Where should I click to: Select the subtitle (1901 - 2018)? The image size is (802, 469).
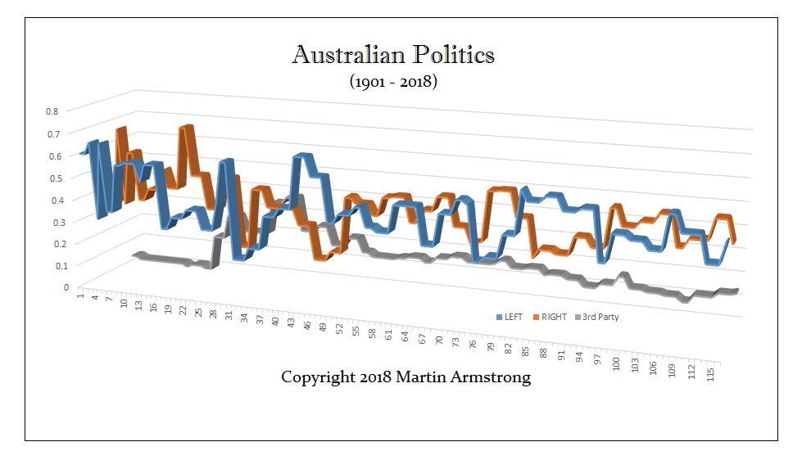pyautogui.click(x=393, y=82)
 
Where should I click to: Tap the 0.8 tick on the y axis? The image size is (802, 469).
pyautogui.click(x=52, y=110)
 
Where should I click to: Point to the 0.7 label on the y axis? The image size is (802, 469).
pyautogui.click(x=52, y=133)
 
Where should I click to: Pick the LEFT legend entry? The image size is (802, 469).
pyautogui.click(x=515, y=317)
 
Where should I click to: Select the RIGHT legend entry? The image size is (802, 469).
pyautogui.click(x=554, y=317)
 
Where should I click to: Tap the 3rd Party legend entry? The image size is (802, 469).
pyautogui.click(x=600, y=317)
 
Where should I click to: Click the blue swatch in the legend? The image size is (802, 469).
pyautogui.click(x=499, y=317)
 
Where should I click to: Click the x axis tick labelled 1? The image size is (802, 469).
pyautogui.click(x=79, y=295)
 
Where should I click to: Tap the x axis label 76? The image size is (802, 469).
pyautogui.click(x=473, y=344)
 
